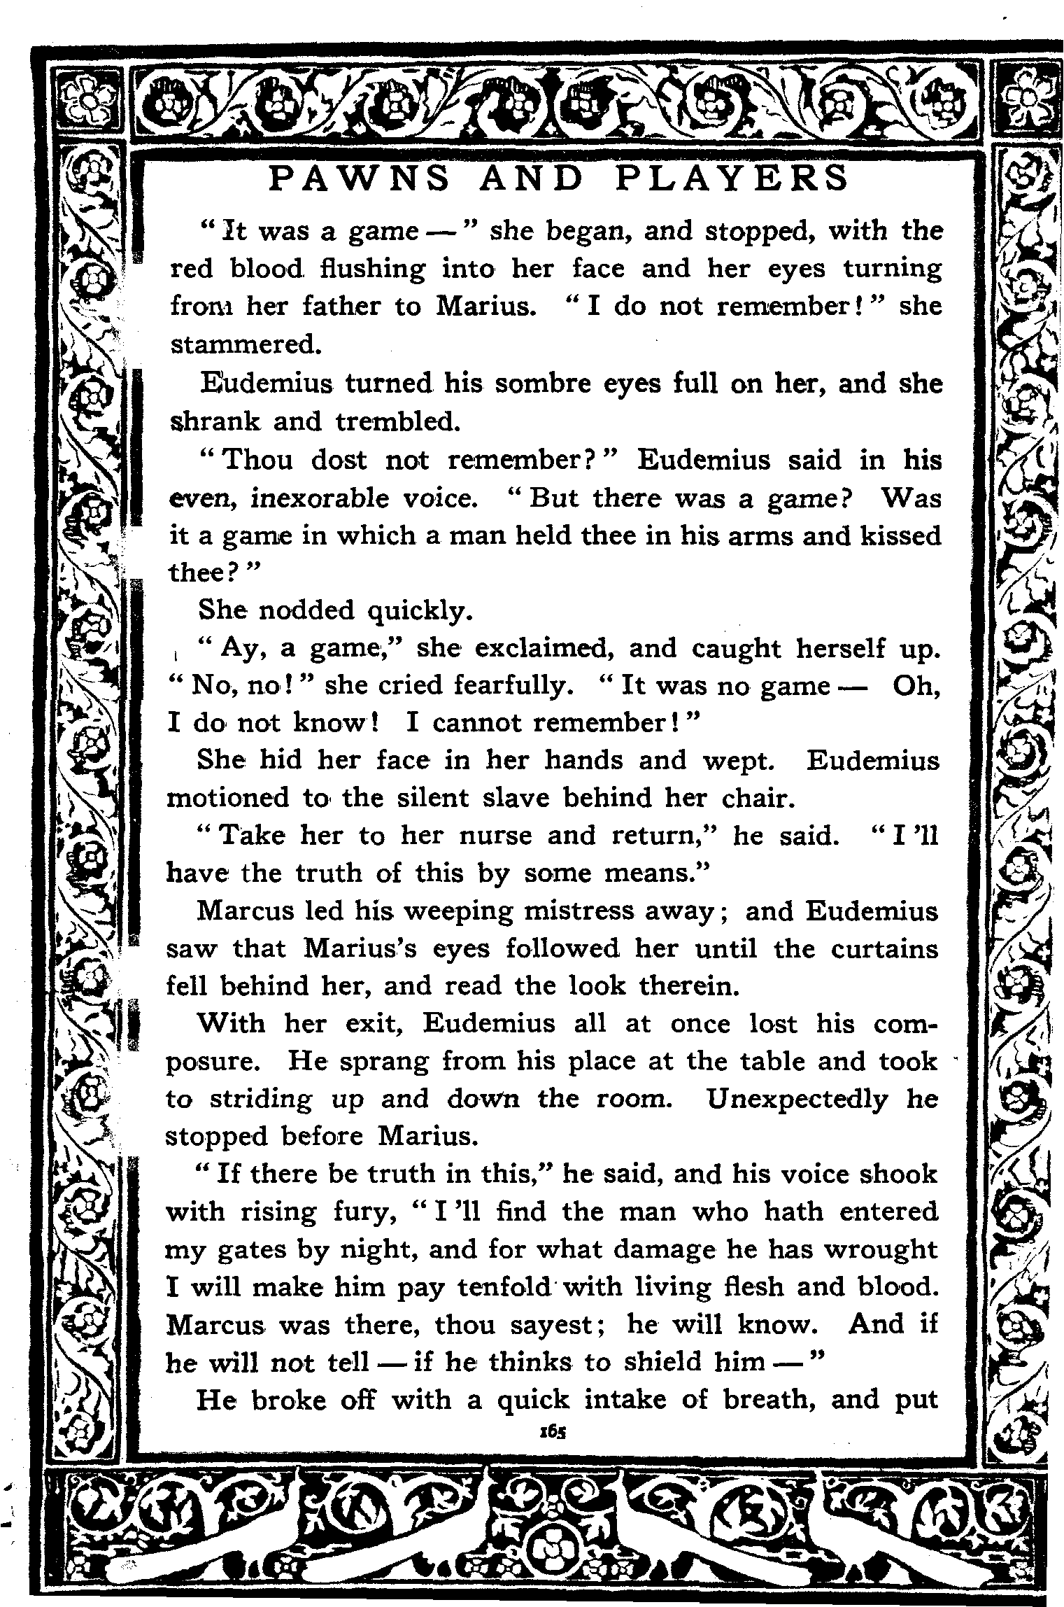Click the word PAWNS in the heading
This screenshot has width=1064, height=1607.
coord(358,178)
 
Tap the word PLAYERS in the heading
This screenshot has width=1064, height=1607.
coord(730,178)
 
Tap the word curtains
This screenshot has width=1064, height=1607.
coord(884,949)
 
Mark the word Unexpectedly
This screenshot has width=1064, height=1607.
coord(797,1100)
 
